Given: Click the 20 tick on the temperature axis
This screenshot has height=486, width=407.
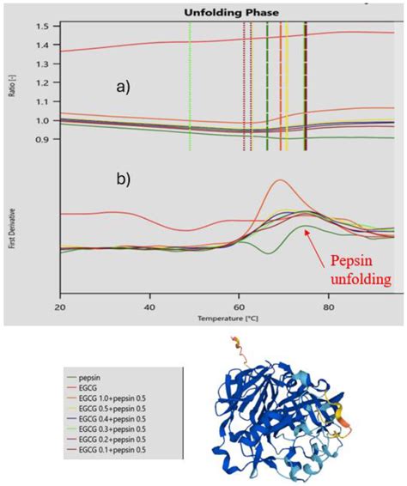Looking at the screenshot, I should pyautogui.click(x=60, y=307).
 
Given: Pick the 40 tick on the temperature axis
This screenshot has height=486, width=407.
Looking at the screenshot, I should pyautogui.click(x=149, y=307).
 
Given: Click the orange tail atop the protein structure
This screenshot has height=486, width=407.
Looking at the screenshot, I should pyautogui.click(x=234, y=348).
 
